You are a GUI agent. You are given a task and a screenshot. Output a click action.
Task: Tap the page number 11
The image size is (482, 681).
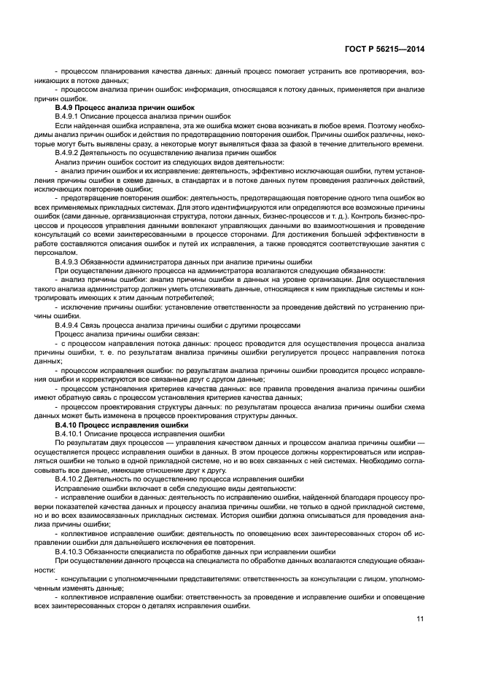[420, 619]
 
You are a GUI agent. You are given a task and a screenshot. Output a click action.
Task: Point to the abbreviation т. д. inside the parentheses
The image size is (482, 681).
[316, 216]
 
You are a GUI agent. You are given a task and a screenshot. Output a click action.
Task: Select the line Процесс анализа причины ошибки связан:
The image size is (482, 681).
[115, 334]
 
